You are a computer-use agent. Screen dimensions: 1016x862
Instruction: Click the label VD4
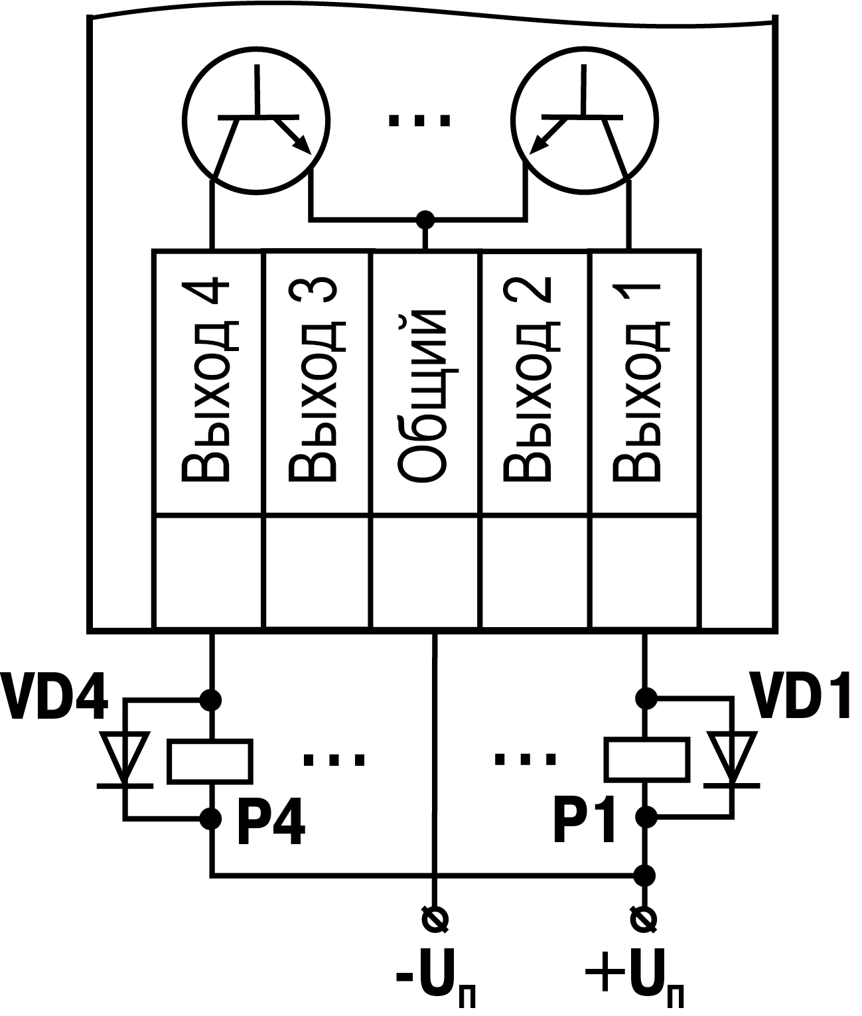(x=54, y=698)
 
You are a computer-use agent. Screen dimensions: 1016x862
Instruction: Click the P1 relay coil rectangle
(x=645, y=761)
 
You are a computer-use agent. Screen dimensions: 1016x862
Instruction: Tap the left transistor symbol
(x=256, y=123)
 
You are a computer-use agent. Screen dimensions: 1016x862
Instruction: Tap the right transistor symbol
(x=585, y=123)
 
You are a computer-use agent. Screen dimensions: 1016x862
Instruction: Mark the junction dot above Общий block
(x=424, y=218)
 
